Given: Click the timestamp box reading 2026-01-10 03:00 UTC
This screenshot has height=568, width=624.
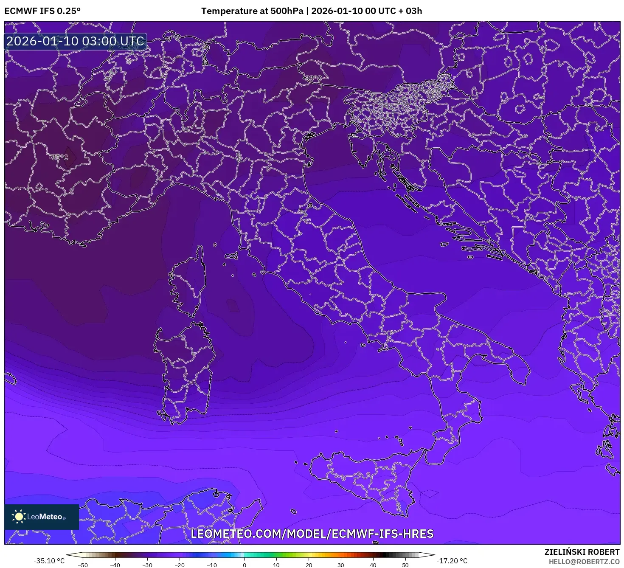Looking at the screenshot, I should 76,41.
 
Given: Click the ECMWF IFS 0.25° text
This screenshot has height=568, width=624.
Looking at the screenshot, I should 42,11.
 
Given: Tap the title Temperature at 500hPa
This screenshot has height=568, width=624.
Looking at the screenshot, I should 252,11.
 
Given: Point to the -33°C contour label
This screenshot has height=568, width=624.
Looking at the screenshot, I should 313,78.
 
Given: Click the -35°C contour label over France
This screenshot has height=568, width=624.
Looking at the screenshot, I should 59,157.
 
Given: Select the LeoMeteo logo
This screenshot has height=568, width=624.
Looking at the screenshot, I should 42,517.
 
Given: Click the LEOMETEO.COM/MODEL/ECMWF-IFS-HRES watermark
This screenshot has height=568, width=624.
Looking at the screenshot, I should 312,534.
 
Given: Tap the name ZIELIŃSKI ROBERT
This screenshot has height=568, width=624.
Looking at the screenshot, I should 582,552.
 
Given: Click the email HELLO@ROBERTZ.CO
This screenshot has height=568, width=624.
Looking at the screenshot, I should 584,561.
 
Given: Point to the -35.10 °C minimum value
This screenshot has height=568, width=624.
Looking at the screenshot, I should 49,561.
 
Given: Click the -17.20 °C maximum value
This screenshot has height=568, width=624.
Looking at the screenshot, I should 452,561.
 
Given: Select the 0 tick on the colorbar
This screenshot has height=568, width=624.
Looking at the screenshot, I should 244,565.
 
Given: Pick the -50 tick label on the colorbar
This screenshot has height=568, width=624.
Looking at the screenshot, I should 83,565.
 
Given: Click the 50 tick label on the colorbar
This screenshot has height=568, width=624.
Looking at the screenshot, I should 405,565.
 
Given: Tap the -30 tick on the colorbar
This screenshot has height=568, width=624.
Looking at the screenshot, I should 147,565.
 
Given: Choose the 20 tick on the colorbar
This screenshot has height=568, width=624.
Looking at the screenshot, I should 309,565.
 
